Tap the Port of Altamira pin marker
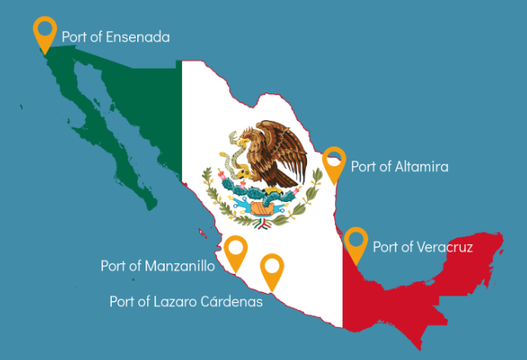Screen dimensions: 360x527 click(x=334, y=162)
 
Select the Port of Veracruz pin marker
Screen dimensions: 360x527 click(x=357, y=242)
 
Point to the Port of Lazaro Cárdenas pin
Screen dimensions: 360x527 click(x=271, y=270)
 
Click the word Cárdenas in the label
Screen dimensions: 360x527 click(x=232, y=302)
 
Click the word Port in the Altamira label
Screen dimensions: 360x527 click(x=363, y=166)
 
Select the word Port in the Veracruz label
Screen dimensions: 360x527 click(x=386, y=247)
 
